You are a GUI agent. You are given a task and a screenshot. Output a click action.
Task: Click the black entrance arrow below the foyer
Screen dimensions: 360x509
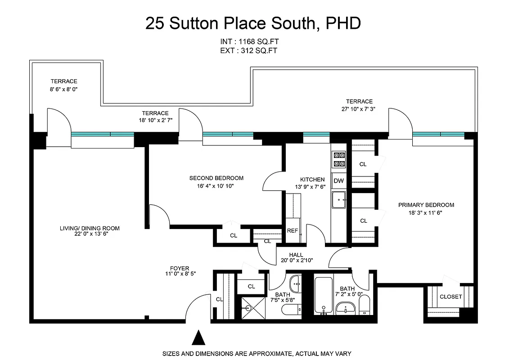coord(198,338)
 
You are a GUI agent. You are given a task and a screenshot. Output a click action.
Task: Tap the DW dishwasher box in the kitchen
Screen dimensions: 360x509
coord(338,181)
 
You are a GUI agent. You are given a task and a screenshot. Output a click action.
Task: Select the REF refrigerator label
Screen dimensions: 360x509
coord(293,231)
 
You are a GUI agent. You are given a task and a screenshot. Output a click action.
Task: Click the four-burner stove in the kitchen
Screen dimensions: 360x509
coord(338,159)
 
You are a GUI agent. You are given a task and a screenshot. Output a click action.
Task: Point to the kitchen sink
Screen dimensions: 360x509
coord(338,200)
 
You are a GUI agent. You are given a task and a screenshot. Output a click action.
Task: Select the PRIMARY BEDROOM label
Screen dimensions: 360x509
coord(426,205)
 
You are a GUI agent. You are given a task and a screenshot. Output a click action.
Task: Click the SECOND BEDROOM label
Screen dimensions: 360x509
coord(216,178)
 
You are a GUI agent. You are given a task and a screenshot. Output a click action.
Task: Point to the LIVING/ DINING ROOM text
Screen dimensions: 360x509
coord(90,228)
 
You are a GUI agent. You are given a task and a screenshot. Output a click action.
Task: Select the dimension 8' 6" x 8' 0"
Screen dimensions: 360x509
coord(64,89)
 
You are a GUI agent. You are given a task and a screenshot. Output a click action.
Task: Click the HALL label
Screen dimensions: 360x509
coord(296,255)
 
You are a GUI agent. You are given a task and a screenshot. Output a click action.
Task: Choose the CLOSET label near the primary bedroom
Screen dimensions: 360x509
coord(450,297)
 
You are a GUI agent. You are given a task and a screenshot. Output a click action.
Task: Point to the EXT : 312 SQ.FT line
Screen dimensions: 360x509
coord(248,51)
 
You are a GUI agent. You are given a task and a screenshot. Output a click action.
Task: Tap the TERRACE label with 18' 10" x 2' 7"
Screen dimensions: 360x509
coord(155,113)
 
